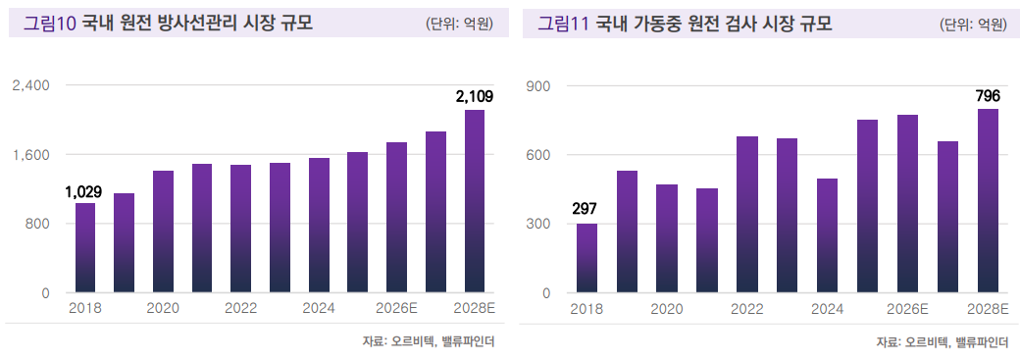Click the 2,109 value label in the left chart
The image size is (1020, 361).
474,96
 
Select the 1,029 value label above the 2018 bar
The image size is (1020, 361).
83,191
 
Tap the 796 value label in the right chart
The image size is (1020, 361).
988,96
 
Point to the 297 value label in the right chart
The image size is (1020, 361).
586,210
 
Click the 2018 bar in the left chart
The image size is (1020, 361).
85,248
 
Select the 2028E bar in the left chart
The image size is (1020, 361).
475,201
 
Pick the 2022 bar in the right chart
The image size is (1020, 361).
747,215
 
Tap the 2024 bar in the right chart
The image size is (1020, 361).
828,235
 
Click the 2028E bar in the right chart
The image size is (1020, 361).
989,201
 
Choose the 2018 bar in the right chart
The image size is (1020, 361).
586,258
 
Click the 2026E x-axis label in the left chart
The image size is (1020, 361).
397,309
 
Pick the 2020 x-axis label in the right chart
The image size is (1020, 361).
667,309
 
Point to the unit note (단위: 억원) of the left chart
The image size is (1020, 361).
459,25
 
